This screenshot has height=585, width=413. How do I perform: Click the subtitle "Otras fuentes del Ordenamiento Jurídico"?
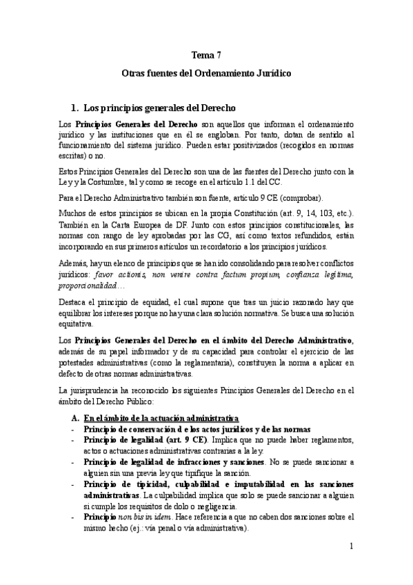206,72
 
